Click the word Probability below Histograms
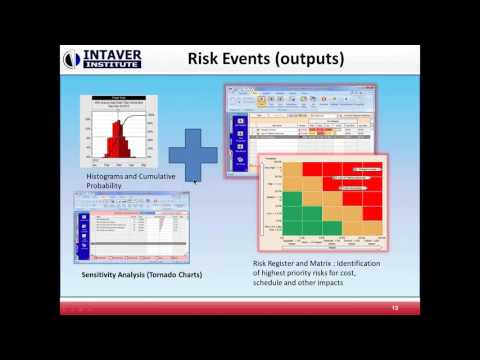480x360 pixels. click(x=108, y=186)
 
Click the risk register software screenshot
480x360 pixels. click(x=300, y=119)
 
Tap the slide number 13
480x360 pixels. click(x=396, y=309)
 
